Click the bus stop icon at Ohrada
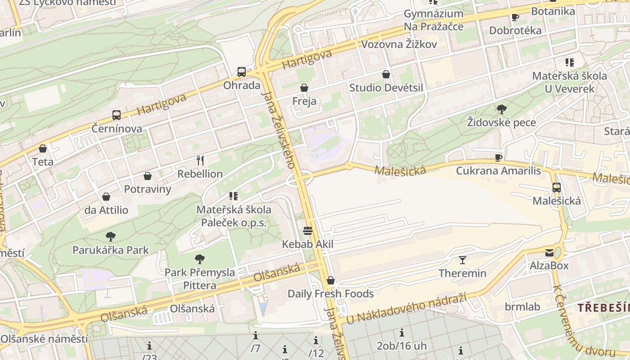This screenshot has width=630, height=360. (242, 72)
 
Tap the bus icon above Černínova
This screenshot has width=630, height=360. (117, 115)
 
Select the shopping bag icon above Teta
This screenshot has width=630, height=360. (43, 148)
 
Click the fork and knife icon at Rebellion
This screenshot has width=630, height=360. (200, 160)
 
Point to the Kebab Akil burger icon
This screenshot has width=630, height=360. (308, 231)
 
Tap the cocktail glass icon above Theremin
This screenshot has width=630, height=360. (462, 260)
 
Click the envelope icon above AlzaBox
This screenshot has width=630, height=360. (549, 252)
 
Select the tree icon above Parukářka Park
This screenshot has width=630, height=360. (111, 236)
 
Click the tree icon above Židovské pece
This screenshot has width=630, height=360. (501, 109)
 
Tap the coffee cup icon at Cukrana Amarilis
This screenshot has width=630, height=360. (498, 157)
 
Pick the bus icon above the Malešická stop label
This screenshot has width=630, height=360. (557, 187)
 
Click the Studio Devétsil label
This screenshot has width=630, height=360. (386, 87)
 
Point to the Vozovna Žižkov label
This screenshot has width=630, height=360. (399, 44)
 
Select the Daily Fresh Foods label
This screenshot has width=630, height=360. (331, 294)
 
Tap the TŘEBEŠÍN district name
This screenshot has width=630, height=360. (603, 308)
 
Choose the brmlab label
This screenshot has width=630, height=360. (522, 306)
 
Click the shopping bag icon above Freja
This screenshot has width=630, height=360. (304, 87)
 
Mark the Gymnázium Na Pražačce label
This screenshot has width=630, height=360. (433, 20)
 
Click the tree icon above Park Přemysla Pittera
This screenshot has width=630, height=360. (200, 259)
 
